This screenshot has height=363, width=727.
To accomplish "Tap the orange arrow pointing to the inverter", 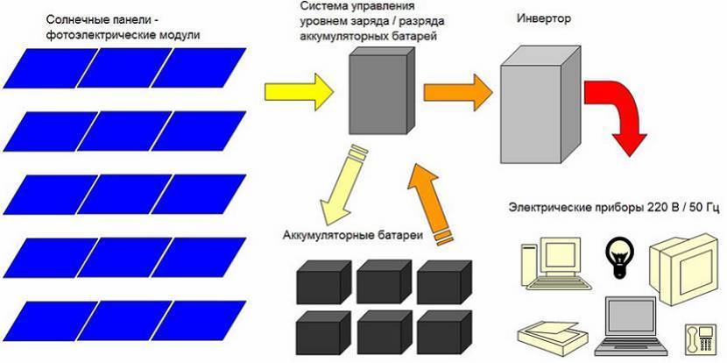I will [x=456, y=89].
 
